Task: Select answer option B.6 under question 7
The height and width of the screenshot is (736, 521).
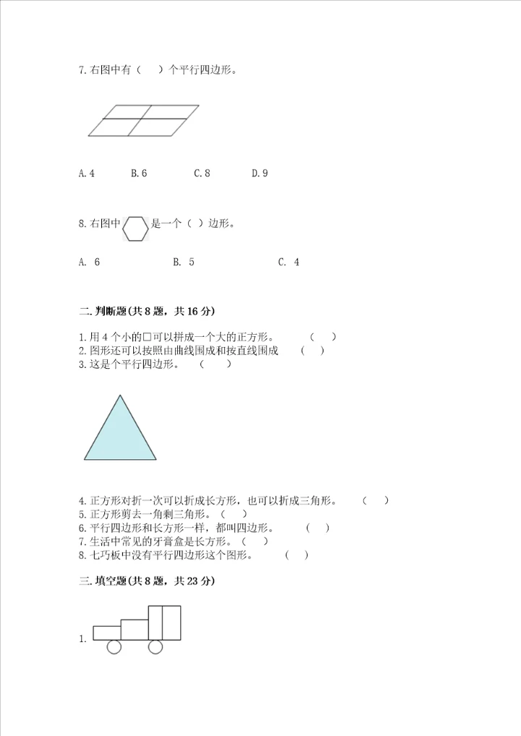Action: [x=139, y=174]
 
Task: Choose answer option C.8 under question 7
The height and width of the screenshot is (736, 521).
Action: [x=202, y=174]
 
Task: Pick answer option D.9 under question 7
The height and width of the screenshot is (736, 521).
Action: [x=260, y=174]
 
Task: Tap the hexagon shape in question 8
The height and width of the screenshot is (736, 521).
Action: [x=135, y=228]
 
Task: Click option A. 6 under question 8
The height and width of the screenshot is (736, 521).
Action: [x=90, y=262]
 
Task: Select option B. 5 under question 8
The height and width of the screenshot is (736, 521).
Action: [x=184, y=262]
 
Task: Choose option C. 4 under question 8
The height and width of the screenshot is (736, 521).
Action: [x=289, y=262]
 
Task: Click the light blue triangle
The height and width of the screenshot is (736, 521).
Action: [x=120, y=434]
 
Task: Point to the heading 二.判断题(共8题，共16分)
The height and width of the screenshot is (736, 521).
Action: [x=148, y=312]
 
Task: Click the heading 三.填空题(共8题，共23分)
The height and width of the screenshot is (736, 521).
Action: [x=148, y=581]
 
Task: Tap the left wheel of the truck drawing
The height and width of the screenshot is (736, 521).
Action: [x=114, y=646]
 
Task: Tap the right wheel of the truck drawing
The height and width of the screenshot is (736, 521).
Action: [x=156, y=646]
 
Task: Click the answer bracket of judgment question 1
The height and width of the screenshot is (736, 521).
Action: [x=323, y=337]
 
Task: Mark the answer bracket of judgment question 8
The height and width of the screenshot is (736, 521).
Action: [x=296, y=555]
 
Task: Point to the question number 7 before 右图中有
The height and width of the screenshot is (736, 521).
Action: [x=81, y=71]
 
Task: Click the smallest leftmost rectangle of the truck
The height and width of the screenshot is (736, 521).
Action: [x=107, y=633]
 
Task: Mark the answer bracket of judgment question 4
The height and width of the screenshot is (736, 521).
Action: [x=376, y=500]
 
